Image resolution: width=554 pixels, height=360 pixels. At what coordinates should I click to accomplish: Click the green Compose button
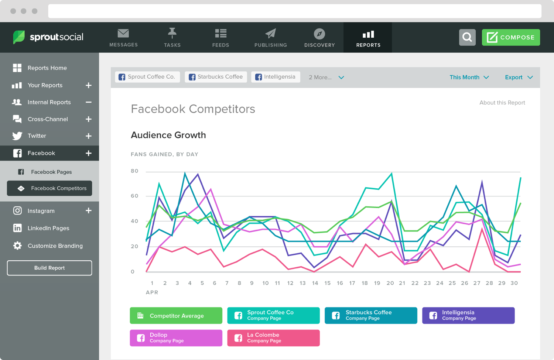point(510,37)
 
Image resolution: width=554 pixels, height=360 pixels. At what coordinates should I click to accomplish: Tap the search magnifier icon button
point(467,37)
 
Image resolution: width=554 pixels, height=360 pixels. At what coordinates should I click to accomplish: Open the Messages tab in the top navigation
point(123,38)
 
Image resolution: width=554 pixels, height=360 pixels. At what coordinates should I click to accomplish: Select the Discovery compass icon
point(319,34)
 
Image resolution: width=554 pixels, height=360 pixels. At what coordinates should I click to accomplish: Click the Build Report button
point(49,268)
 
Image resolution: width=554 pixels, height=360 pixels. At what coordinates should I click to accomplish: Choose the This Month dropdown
point(469,77)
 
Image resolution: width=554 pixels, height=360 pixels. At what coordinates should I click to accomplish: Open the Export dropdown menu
point(519,77)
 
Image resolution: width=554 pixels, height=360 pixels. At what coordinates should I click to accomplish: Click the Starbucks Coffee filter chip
point(216,77)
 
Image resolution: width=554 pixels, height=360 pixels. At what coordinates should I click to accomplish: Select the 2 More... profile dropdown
point(326,77)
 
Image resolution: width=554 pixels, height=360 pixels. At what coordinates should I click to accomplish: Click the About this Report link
point(502,103)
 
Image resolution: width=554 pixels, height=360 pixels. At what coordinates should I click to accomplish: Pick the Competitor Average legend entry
point(176,316)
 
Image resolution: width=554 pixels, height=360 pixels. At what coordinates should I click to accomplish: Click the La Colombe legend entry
point(273,338)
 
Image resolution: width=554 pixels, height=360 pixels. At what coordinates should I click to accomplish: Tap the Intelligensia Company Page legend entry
point(468,315)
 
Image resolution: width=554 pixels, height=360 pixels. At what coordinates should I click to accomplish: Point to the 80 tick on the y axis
point(134,171)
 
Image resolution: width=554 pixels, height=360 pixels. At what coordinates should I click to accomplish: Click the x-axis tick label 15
point(327,283)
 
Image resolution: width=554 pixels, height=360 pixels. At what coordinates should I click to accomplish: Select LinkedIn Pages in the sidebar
point(48,228)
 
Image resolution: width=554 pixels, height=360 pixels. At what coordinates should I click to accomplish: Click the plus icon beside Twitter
point(89,136)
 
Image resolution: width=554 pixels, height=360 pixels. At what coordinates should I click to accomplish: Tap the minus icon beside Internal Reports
point(89,102)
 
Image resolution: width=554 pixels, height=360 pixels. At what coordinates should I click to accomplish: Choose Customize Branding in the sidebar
point(55,246)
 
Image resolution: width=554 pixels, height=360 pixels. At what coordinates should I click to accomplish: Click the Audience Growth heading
point(168,135)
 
